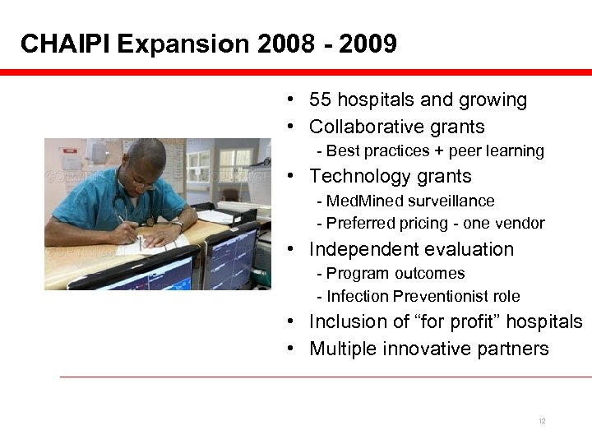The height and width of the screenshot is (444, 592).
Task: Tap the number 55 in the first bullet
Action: [320, 100]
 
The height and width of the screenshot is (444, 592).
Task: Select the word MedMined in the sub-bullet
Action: [357, 201]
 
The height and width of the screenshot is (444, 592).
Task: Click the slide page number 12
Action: [542, 421]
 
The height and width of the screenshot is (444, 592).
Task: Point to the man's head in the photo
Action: [143, 163]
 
